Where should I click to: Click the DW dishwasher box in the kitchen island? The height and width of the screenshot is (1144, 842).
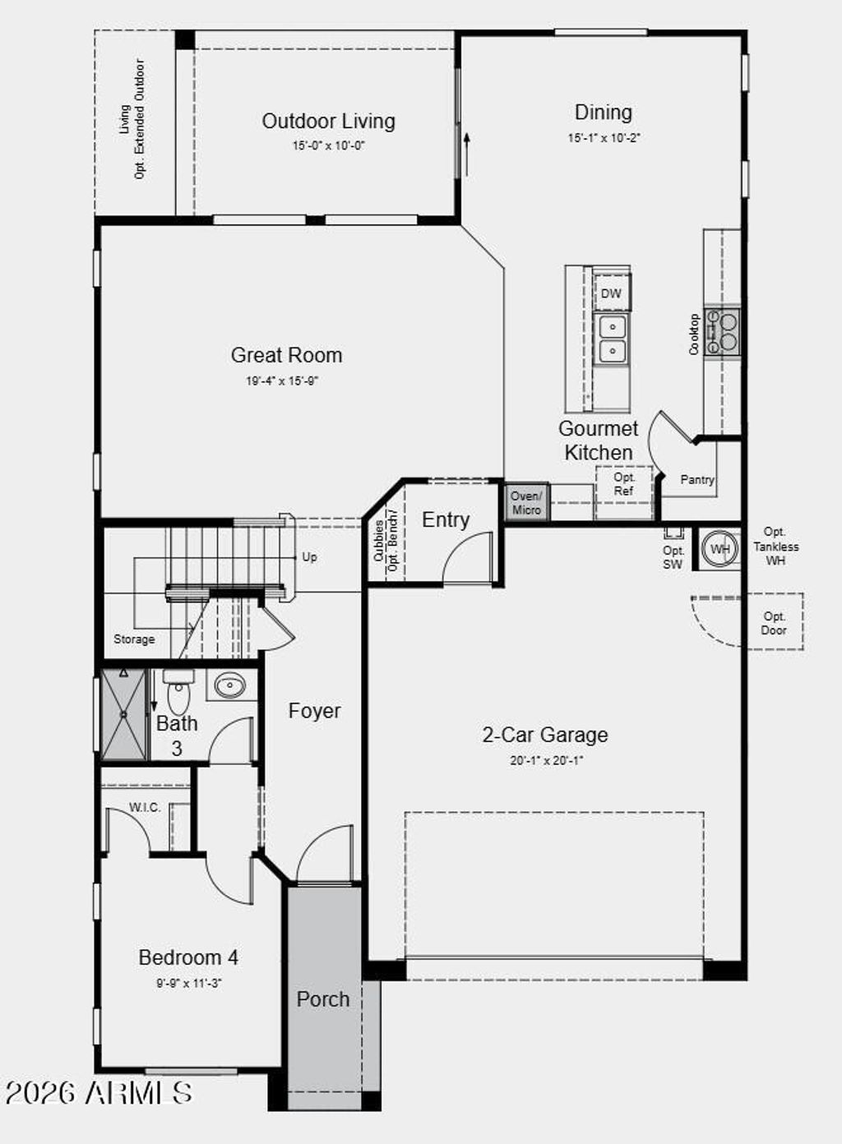point(611,293)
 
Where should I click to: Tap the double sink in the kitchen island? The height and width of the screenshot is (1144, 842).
point(611,339)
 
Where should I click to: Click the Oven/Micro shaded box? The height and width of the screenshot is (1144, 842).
point(526,502)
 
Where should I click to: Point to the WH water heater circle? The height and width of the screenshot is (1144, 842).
point(720,549)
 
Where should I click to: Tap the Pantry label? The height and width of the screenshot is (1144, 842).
point(697,479)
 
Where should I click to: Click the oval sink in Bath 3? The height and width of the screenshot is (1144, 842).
point(229,685)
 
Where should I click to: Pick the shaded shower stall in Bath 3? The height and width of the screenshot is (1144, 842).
point(123,715)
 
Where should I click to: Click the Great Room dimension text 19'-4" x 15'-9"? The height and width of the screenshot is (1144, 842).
point(282,381)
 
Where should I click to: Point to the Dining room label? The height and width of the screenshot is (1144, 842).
point(603,113)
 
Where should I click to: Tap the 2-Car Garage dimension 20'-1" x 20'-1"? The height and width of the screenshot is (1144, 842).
point(546,760)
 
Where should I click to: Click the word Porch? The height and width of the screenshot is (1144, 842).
point(323,999)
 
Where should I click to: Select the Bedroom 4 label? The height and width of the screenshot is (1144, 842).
point(188,957)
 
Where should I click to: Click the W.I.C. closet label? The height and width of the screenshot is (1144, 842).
point(145,808)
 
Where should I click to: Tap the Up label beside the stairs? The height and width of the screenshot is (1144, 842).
point(309,556)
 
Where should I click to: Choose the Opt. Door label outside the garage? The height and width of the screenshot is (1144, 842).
point(774,623)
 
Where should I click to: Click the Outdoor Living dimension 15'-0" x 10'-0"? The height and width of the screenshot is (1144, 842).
point(328,145)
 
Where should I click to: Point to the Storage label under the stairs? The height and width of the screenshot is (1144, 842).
point(134,639)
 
